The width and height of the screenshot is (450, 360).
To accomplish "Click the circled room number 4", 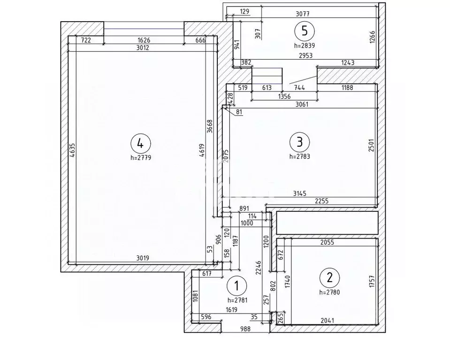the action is (x=140, y=143).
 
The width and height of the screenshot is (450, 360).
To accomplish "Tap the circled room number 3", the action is (x=300, y=142).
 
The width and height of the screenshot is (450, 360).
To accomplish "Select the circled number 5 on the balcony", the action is (x=305, y=30).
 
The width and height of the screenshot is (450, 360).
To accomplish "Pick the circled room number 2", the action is (x=329, y=278).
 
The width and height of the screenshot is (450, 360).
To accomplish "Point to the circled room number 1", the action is (x=237, y=285).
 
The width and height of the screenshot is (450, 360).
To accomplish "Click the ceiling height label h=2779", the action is (x=141, y=157).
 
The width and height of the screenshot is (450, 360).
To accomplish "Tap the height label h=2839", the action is (x=305, y=45).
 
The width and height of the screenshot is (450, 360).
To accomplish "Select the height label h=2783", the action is (x=300, y=157).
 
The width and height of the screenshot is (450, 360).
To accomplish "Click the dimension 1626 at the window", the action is (x=144, y=40).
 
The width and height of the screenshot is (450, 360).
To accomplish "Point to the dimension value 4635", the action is (x=72, y=150).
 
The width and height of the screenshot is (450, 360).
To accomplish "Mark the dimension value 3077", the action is (x=303, y=14).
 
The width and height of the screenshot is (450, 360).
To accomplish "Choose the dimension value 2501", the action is (x=371, y=145).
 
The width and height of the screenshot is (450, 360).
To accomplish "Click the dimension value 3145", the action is (x=300, y=194).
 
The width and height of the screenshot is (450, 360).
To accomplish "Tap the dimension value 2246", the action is (x=259, y=268).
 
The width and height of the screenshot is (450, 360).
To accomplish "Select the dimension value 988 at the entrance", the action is (x=245, y=329).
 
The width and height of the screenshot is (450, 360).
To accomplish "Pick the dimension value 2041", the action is (x=328, y=321).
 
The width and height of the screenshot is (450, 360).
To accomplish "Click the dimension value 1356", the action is (x=284, y=97).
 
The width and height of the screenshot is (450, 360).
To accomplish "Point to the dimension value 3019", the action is (x=143, y=258).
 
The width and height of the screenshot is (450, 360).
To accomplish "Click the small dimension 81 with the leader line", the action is (x=239, y=112).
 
